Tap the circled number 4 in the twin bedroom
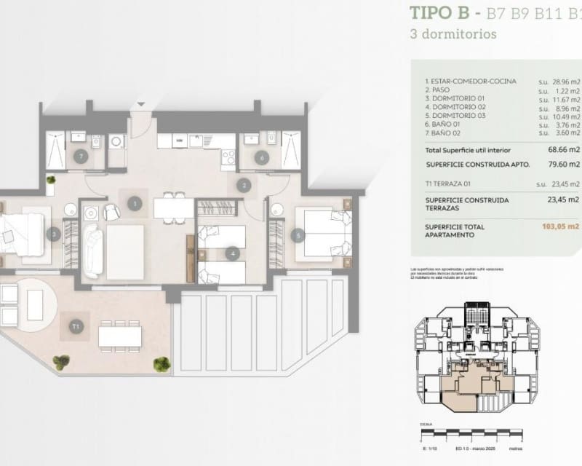point(232,254)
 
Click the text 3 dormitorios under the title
point(453,34)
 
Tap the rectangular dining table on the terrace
point(120,333)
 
